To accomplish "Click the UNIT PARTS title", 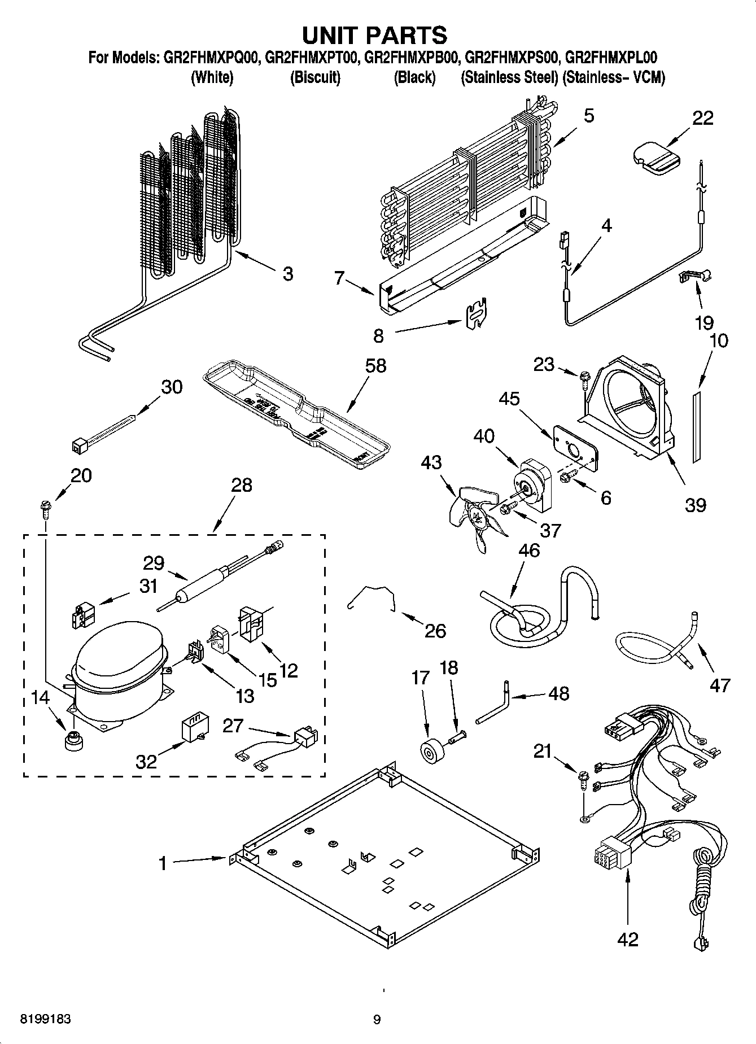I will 375,35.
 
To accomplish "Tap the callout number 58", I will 375,365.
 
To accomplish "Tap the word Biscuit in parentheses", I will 315,77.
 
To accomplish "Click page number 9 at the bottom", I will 377,1019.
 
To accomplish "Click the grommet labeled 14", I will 72,741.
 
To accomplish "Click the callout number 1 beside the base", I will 163,863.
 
